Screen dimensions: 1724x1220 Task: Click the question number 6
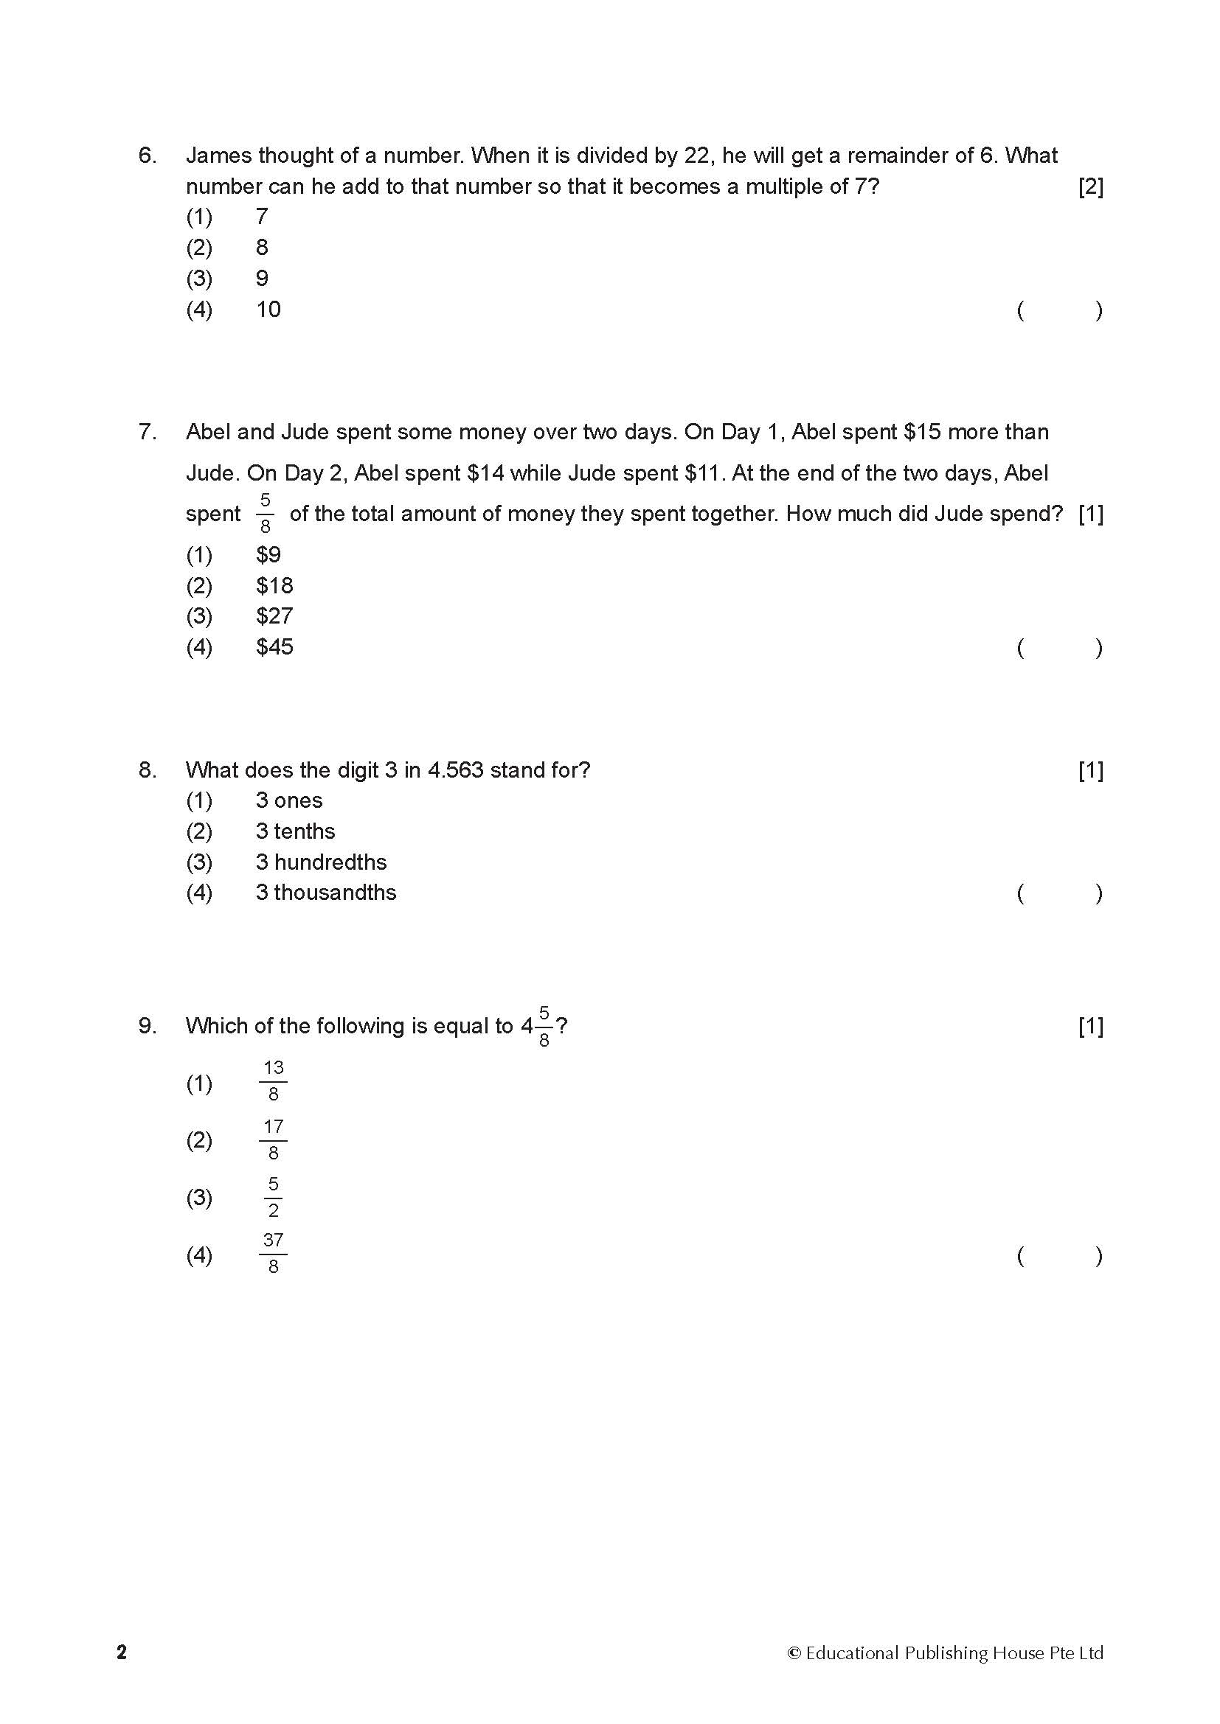(148, 156)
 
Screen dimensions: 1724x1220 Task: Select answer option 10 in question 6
(268, 310)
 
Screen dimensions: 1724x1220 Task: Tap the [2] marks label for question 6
(1090, 187)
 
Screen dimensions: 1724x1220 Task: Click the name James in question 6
(218, 156)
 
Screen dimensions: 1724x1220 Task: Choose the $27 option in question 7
(274, 615)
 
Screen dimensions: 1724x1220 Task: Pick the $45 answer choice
(274, 646)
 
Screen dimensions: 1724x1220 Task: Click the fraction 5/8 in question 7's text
(266, 514)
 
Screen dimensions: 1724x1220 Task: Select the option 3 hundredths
(321, 862)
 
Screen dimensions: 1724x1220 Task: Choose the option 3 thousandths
(325, 893)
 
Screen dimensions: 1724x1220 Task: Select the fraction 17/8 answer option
(273, 1140)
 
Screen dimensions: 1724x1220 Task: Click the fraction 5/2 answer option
(273, 1197)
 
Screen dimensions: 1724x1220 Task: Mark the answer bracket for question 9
(1059, 1255)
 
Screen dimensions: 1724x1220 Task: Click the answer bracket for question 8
(1059, 893)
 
